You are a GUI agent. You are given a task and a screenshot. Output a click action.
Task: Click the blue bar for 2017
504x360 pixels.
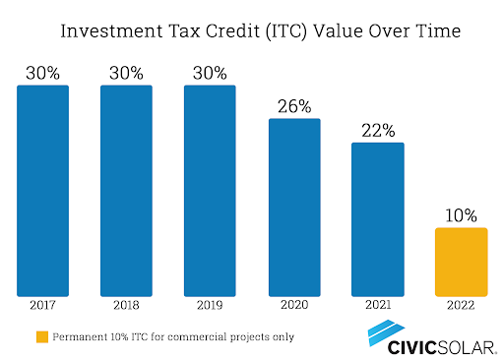point(42,191)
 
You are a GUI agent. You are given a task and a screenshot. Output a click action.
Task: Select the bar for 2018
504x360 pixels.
point(126,191)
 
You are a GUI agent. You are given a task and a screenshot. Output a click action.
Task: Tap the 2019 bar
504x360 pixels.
point(210,191)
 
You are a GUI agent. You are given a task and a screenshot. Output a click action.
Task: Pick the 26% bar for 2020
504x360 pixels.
point(294,208)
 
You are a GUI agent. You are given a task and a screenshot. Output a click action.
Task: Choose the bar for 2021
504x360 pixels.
point(378,219)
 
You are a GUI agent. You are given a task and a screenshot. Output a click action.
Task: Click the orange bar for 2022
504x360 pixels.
point(462,262)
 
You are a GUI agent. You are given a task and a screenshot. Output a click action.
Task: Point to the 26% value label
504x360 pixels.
point(294,106)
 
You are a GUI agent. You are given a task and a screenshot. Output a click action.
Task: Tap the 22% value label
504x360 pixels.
point(378,131)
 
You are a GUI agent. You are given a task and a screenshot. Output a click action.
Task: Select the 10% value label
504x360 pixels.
point(461,215)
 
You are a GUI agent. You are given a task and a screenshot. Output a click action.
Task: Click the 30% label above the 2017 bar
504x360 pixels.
point(42,73)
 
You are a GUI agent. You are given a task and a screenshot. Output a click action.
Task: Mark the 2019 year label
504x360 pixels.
point(210,305)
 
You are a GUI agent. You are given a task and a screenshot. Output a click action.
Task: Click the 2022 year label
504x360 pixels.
point(461,305)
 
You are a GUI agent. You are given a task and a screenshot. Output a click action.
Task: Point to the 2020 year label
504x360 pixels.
point(294,305)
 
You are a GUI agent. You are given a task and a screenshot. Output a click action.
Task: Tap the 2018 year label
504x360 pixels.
point(126,305)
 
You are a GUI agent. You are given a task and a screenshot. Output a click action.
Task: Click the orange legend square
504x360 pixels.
point(42,337)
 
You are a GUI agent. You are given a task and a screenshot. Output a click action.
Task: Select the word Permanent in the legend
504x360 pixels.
point(80,336)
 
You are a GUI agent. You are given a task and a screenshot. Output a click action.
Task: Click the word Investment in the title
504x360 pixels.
point(111,31)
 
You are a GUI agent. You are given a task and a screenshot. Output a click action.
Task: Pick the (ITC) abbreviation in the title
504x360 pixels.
point(285,31)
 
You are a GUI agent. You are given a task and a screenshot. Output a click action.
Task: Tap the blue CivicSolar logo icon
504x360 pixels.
point(386,332)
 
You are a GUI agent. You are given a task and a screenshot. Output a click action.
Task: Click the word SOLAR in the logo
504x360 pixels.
point(468,348)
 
